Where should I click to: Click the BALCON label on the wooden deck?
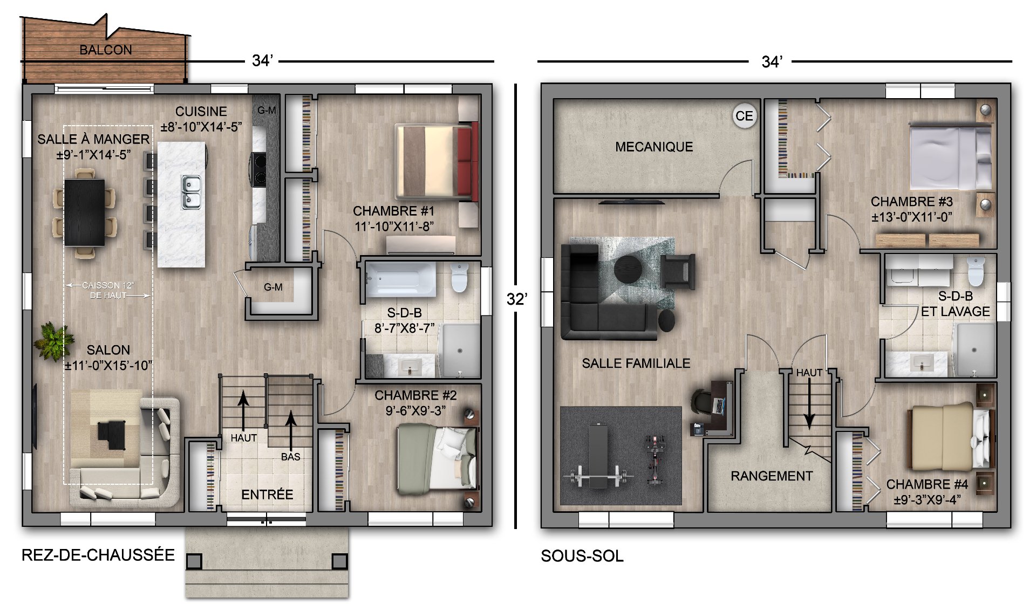point(106,50)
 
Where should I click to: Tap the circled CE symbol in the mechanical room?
point(745,116)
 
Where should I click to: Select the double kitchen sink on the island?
point(190,192)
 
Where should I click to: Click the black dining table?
point(85,212)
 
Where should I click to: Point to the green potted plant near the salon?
point(54,341)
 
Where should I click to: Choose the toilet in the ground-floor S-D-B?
point(459,278)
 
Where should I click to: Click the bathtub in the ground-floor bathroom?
point(401,279)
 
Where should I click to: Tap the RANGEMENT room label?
point(772,476)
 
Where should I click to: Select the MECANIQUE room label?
point(654,147)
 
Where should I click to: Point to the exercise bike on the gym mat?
point(655,460)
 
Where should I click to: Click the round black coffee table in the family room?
point(628,269)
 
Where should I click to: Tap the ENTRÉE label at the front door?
point(267,495)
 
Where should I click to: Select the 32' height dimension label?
point(517,299)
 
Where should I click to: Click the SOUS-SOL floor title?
point(582,556)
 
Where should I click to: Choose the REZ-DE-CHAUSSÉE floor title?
point(98,555)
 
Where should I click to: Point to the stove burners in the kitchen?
point(258,169)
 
